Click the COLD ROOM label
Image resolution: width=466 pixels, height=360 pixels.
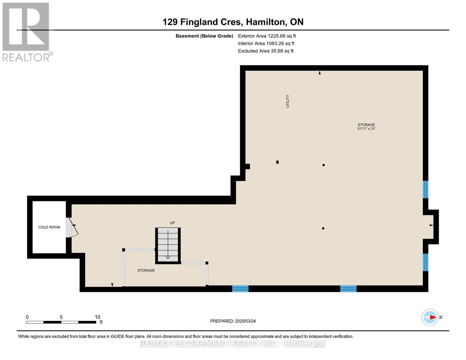click(49, 227)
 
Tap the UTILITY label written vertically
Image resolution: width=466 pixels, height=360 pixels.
click(287, 101)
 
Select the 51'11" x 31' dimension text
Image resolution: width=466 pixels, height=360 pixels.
click(366, 129)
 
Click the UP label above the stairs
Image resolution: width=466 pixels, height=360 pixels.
click(172, 223)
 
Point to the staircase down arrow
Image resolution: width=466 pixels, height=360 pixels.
click(168, 244)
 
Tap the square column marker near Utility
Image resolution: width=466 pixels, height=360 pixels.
click(277, 162)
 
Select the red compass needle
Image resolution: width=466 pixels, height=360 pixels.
click(433, 317)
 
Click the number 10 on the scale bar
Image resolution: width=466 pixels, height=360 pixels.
click(98, 317)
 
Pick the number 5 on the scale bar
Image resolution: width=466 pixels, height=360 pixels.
click(61, 317)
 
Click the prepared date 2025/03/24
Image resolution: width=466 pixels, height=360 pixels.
click(245, 321)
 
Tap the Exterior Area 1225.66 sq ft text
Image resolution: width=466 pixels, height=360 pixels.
click(267, 36)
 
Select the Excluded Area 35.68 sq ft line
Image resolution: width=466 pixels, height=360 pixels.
click(266, 51)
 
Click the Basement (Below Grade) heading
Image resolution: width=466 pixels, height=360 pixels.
click(204, 36)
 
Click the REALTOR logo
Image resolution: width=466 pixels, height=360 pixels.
click(27, 32)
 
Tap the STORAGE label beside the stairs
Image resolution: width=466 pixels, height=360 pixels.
click(146, 270)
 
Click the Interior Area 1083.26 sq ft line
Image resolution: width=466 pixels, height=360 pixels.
click(266, 43)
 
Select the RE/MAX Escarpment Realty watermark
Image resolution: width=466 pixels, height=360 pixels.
click(233, 343)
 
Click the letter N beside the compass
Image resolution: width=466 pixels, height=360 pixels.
click(441, 317)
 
